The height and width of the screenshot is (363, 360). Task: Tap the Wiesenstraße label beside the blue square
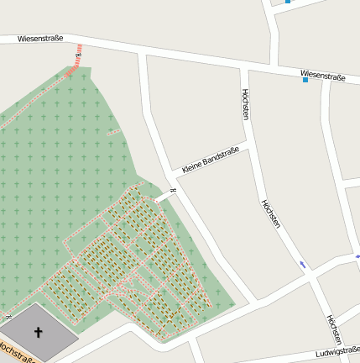click(x=324, y=77)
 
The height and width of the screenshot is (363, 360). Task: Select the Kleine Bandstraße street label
click(x=210, y=160)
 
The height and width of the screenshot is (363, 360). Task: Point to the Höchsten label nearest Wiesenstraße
click(x=245, y=103)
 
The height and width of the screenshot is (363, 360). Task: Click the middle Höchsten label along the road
click(x=270, y=215)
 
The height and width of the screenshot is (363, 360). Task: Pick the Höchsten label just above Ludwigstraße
click(x=333, y=330)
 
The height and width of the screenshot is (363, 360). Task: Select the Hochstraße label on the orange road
click(x=17, y=351)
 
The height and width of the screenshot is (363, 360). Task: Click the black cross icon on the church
click(x=38, y=332)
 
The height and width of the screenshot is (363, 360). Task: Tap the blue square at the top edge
click(x=288, y=2)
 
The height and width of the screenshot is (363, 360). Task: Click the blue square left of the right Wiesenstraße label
click(x=305, y=80)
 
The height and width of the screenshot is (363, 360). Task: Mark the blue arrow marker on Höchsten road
click(x=303, y=265)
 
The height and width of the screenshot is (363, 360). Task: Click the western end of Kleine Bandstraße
click(x=176, y=176)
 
